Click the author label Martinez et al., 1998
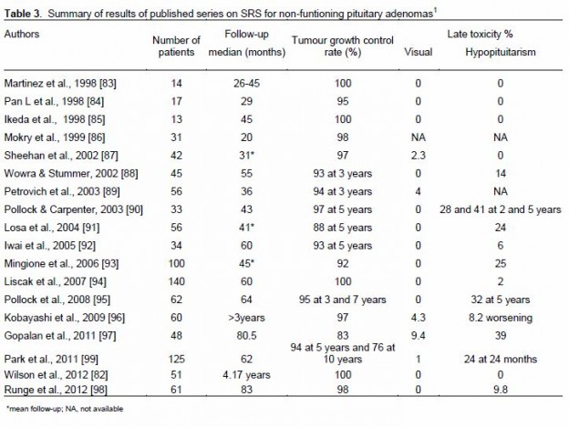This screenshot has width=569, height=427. (x=60, y=83)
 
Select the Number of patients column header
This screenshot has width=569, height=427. (x=176, y=46)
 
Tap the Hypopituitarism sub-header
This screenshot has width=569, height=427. (x=501, y=52)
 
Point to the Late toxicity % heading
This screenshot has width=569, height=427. (x=480, y=34)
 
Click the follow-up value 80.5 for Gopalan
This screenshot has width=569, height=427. (x=246, y=335)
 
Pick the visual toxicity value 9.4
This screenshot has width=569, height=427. (x=418, y=335)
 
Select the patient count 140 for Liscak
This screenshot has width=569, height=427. (x=176, y=281)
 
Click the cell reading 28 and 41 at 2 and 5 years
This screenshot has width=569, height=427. (x=501, y=209)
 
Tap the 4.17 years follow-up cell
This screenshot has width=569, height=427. (x=246, y=374)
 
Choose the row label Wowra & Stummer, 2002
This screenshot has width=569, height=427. (x=71, y=174)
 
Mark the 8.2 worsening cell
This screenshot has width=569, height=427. (x=501, y=318)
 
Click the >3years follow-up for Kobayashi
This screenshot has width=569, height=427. (x=246, y=318)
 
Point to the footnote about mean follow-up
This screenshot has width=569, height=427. (x=65, y=409)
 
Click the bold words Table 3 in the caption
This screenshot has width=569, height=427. (x=23, y=14)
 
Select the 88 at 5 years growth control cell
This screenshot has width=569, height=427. (x=343, y=228)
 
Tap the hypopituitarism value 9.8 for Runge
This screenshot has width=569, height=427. (x=501, y=390)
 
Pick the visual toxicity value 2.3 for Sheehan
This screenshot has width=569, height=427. (x=418, y=156)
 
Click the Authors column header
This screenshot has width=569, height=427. (x=22, y=34)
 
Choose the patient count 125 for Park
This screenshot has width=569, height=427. (x=176, y=359)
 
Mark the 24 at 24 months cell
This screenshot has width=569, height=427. (x=501, y=359)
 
